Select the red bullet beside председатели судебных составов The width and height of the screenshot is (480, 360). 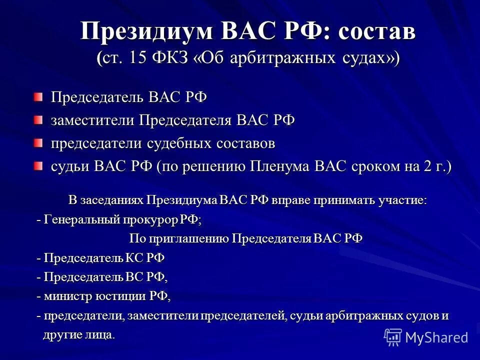[39, 143]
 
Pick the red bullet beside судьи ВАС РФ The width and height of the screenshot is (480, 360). [39, 166]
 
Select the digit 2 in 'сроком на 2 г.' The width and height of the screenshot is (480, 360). [427, 167]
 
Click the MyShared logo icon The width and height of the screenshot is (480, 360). [393, 336]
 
